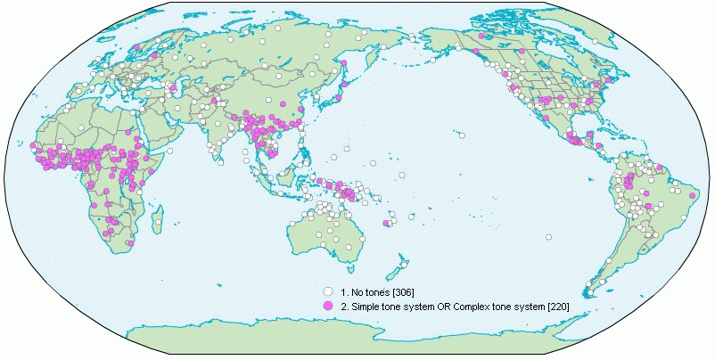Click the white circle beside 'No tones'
328,291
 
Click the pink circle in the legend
328,306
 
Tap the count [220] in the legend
555,307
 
